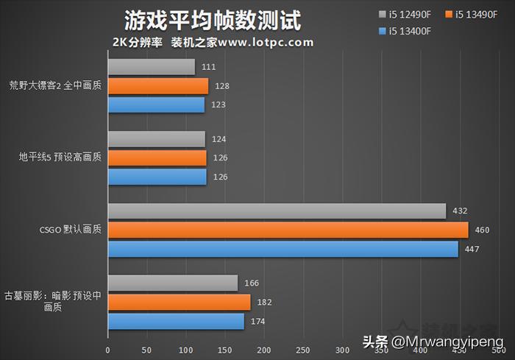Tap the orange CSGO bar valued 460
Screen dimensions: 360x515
click(x=288, y=230)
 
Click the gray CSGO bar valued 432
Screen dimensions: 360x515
click(x=277, y=211)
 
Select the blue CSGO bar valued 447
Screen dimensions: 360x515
click(x=283, y=249)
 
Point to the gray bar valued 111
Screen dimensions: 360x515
click(x=151, y=68)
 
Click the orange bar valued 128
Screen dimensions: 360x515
click(x=157, y=86)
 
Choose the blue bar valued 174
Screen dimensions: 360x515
click(x=176, y=322)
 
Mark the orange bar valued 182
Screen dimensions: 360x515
click(x=179, y=303)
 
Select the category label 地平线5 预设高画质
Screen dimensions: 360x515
click(x=61, y=158)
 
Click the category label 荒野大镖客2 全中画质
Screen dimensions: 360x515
click(x=56, y=85)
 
